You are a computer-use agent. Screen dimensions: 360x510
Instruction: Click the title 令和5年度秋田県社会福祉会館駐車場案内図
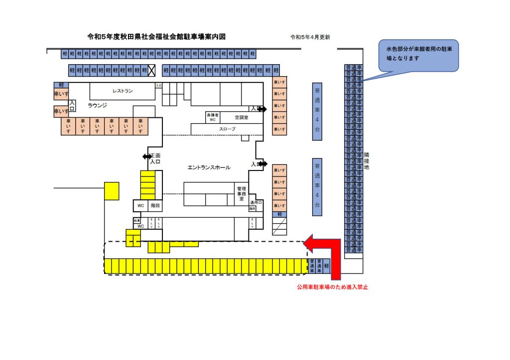tap(156, 37)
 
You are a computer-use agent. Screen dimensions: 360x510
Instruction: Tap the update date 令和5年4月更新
tap(310, 37)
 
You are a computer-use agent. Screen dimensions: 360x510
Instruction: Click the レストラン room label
tap(122, 91)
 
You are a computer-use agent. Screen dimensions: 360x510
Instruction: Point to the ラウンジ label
tap(97, 105)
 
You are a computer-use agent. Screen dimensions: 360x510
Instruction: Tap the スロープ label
tap(227, 129)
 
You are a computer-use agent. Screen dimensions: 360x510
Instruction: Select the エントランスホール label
tap(209, 168)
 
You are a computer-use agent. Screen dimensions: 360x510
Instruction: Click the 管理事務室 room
tap(242, 193)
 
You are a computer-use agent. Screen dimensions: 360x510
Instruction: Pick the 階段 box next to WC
tap(155, 205)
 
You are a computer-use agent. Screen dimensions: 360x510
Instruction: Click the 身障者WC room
tap(212, 117)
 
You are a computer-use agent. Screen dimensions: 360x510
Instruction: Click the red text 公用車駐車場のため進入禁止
tap(332, 287)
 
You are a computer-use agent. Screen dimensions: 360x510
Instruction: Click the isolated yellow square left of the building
tap(112, 190)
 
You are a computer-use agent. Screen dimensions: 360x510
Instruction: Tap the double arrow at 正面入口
tap(147, 156)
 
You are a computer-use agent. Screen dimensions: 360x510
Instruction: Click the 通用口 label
tap(255, 203)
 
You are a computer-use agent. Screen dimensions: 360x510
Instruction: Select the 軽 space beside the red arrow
tap(327, 266)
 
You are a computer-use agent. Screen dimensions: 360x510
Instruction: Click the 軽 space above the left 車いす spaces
tap(61, 85)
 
